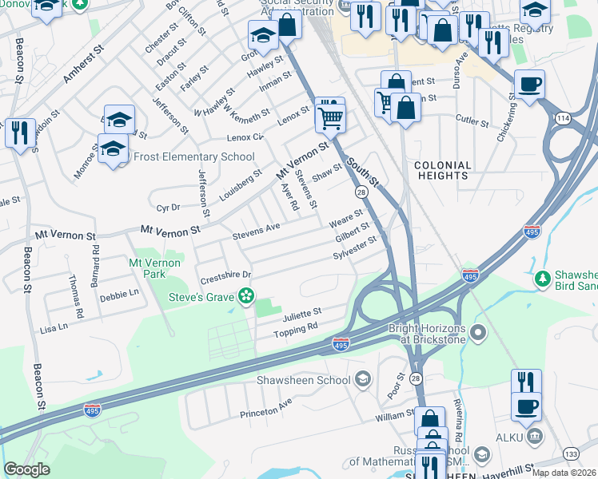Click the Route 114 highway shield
[x=564, y=118]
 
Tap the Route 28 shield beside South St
[x=361, y=192]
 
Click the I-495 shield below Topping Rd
[x=341, y=345]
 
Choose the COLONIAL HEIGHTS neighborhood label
[x=442, y=169]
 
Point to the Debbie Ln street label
[x=119, y=295]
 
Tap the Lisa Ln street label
[x=53, y=327]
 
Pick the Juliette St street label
[x=301, y=312]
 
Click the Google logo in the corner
[x=26, y=469]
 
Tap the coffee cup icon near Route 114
[x=529, y=84]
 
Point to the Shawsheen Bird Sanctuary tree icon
[x=543, y=278]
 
